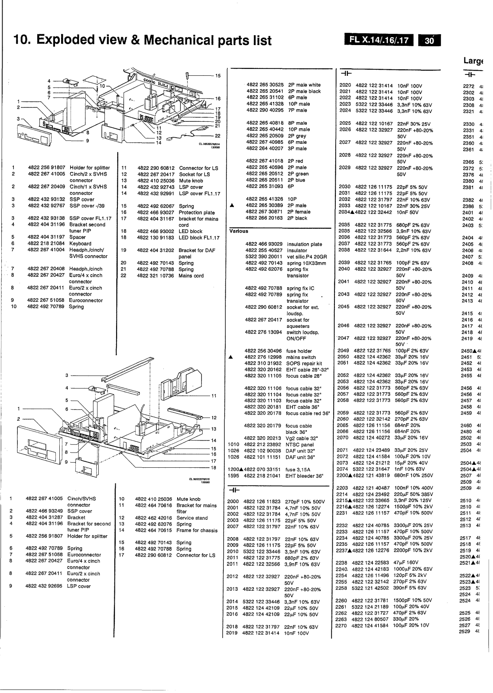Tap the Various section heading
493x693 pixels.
pyautogui.click(x=239, y=231)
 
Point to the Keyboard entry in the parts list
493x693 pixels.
pyautogui.click(x=81, y=243)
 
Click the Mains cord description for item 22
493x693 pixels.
pyautogui.click(x=191, y=275)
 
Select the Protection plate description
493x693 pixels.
pyautogui.click(x=197, y=212)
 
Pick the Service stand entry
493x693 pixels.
pyautogui.click(x=192, y=518)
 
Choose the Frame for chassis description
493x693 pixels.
pyautogui.click(x=197, y=530)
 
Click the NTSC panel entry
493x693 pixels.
pyautogui.click(x=300, y=444)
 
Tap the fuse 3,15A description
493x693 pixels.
pyautogui.click(x=298, y=470)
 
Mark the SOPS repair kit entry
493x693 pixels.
pyautogui.click(x=304, y=363)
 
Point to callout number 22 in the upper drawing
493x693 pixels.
pyautogui.click(x=218, y=136)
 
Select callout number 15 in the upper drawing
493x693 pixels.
pyautogui.click(x=218, y=75)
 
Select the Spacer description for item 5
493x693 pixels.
pyautogui.click(x=78, y=237)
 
